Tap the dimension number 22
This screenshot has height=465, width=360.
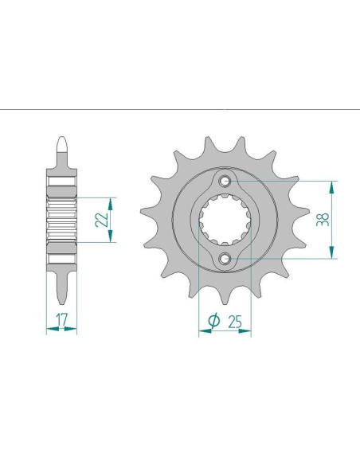102,219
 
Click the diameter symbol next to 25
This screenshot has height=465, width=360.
213,320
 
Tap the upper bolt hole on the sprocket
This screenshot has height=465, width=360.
225,182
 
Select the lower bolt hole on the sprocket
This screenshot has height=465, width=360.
225,258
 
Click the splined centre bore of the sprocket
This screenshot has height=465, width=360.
225,221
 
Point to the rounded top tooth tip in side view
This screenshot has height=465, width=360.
61,146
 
